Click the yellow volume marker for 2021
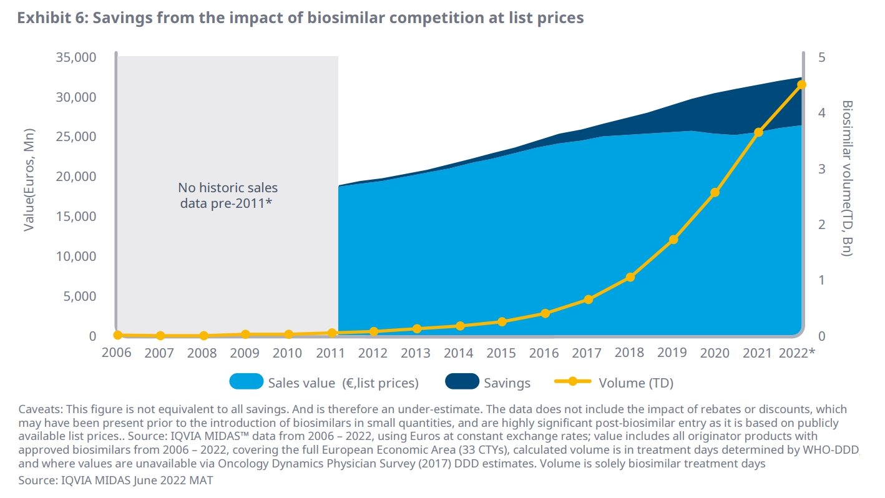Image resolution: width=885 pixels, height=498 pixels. coord(758,132)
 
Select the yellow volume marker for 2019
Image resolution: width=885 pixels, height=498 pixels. coord(673,240)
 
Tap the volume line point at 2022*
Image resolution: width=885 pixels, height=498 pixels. coord(802,85)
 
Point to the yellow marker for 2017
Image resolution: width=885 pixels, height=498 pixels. coord(588,300)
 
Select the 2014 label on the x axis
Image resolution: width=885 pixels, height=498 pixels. coord(458,353)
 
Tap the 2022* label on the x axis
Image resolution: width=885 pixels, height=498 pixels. coord(797,353)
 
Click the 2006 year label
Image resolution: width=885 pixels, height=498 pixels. coord(117,353)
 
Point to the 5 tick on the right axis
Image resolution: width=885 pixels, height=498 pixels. coord(821,57)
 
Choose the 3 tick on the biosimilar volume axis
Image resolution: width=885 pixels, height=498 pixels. coord(821,169)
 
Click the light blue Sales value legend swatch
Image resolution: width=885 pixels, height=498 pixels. coord(246,381)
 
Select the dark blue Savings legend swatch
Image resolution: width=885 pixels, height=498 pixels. coord(462,381)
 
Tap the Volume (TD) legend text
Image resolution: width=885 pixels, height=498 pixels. coord(636,383)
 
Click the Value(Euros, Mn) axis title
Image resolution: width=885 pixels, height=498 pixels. coord(29,180)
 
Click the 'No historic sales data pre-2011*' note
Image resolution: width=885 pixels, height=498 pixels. coord(228,195)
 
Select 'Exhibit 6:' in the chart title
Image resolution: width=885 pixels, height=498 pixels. coord(54,18)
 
